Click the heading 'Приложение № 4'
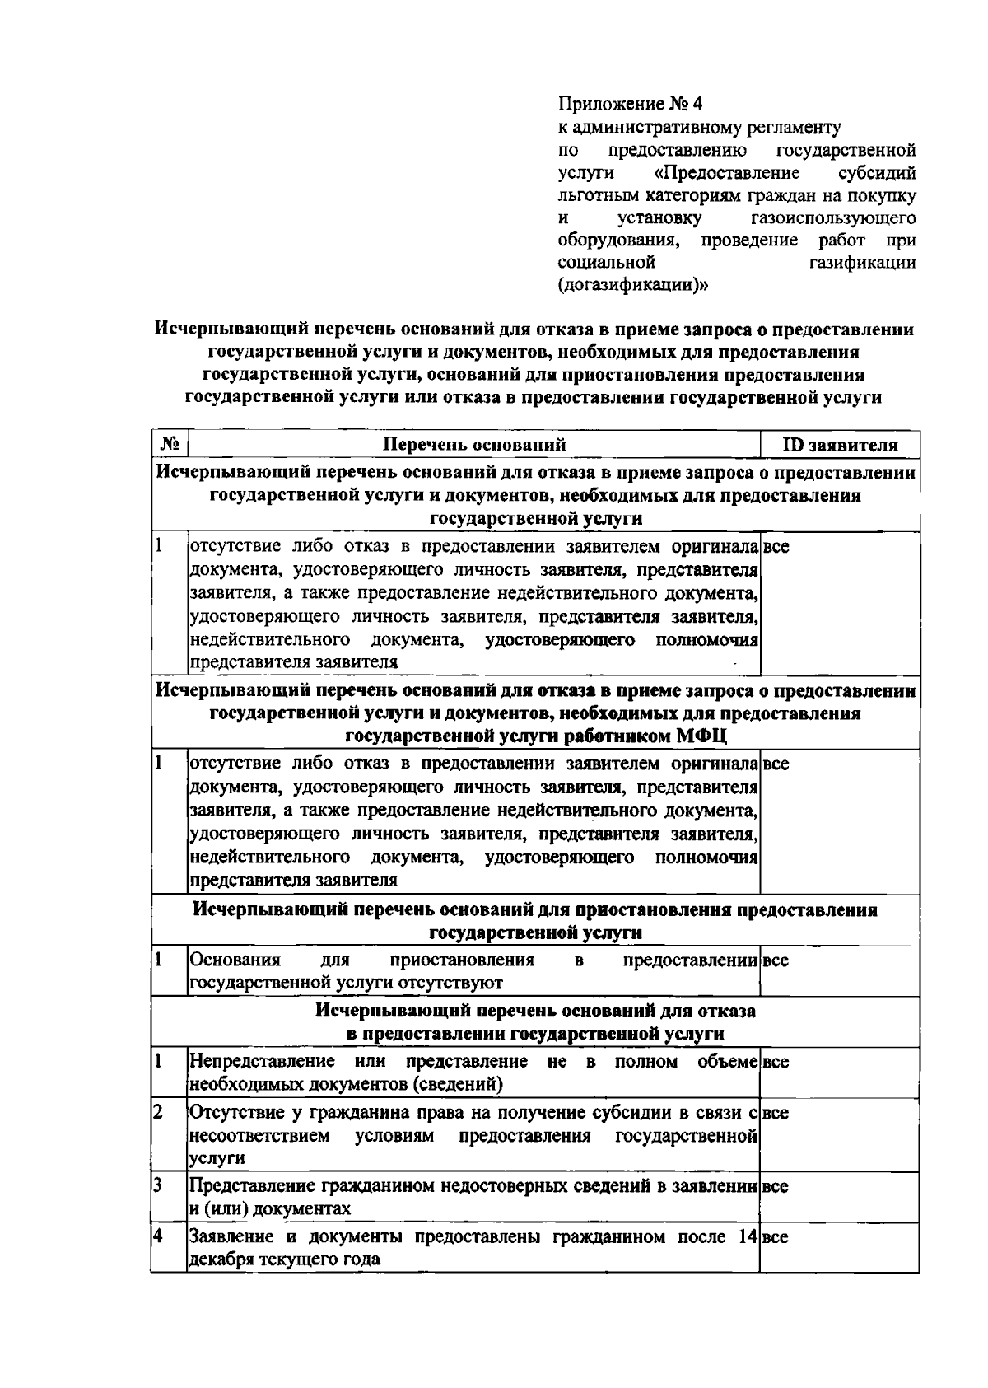click(631, 105)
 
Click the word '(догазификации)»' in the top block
click(633, 286)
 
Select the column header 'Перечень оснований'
click(475, 445)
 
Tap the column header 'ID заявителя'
click(839, 446)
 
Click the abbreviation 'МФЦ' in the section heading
click(701, 736)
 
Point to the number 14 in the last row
click(748, 1236)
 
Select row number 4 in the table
click(158, 1236)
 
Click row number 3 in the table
click(158, 1185)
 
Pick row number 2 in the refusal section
click(158, 1112)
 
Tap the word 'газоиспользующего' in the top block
click(833, 218)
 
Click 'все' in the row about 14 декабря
click(776, 1237)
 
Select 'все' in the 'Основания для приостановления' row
click(776, 960)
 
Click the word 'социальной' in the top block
click(607, 263)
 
